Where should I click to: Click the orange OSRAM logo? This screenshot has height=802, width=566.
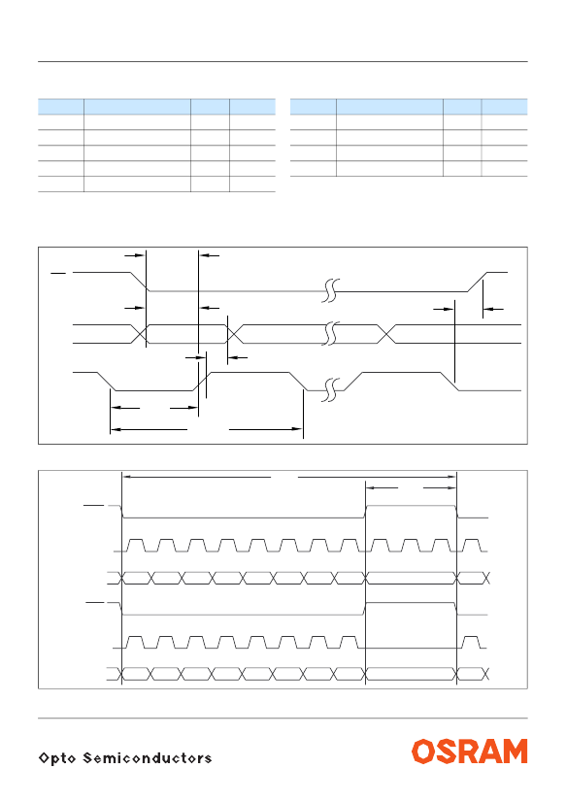(x=469, y=752)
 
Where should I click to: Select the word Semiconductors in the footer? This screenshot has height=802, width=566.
(x=148, y=757)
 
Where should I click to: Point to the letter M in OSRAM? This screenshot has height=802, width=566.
(x=515, y=752)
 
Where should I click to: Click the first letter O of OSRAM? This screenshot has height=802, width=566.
(x=423, y=752)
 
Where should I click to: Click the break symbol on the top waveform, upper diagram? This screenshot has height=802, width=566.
(x=331, y=290)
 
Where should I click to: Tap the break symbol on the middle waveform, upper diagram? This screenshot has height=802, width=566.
(x=331, y=333)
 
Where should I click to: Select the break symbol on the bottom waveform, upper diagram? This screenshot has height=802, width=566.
(x=331, y=389)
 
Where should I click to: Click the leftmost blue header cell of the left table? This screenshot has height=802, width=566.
(x=61, y=107)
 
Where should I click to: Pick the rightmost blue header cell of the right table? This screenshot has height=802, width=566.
(x=505, y=107)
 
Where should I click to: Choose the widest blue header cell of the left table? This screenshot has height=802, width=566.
(x=138, y=107)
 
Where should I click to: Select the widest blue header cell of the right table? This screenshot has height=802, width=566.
(x=389, y=107)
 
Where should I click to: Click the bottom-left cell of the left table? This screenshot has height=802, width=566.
(x=61, y=184)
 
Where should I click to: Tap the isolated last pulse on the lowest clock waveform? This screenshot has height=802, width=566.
(x=471, y=643)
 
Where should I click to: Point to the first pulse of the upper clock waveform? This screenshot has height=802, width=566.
(x=136, y=546)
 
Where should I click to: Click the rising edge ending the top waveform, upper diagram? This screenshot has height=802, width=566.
(x=478, y=282)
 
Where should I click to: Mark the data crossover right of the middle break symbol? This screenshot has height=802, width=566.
(x=386, y=334)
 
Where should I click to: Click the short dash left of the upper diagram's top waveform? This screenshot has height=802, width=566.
(x=58, y=274)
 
